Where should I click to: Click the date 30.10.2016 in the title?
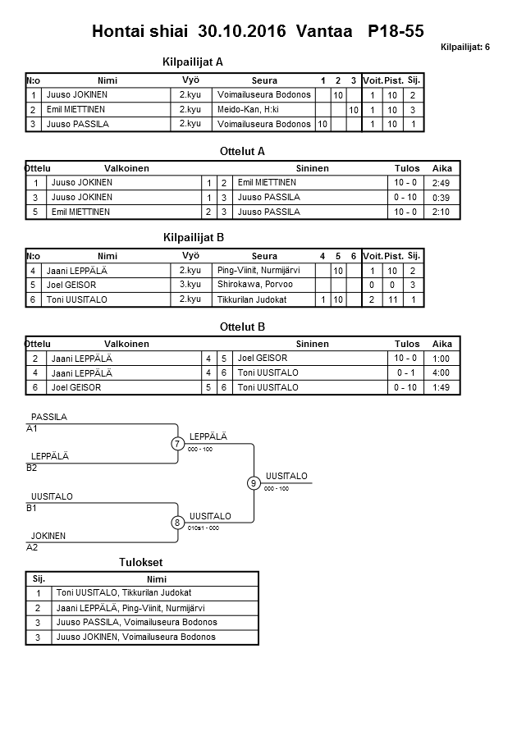tap(242, 32)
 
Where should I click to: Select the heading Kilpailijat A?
tap(194, 62)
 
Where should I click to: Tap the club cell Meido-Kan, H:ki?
tap(248, 109)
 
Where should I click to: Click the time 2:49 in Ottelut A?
tap(441, 182)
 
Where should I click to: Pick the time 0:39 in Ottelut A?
tap(441, 198)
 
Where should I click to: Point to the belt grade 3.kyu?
tap(190, 284)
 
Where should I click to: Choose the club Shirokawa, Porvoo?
tap(255, 284)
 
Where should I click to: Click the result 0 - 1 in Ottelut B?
tap(405, 372)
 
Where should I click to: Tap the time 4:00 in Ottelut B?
tap(441, 372)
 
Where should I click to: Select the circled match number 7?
tap(177, 444)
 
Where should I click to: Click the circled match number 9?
tap(254, 483)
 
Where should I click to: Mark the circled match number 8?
tap(177, 523)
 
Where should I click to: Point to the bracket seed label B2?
tap(32, 468)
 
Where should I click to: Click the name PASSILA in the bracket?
tap(48, 417)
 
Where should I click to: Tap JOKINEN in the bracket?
tap(48, 536)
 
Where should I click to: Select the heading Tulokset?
tap(141, 562)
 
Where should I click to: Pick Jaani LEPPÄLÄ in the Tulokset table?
tap(130, 608)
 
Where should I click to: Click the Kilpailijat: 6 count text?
tap(464, 47)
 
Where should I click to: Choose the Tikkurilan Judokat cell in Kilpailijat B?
tap(252, 299)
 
